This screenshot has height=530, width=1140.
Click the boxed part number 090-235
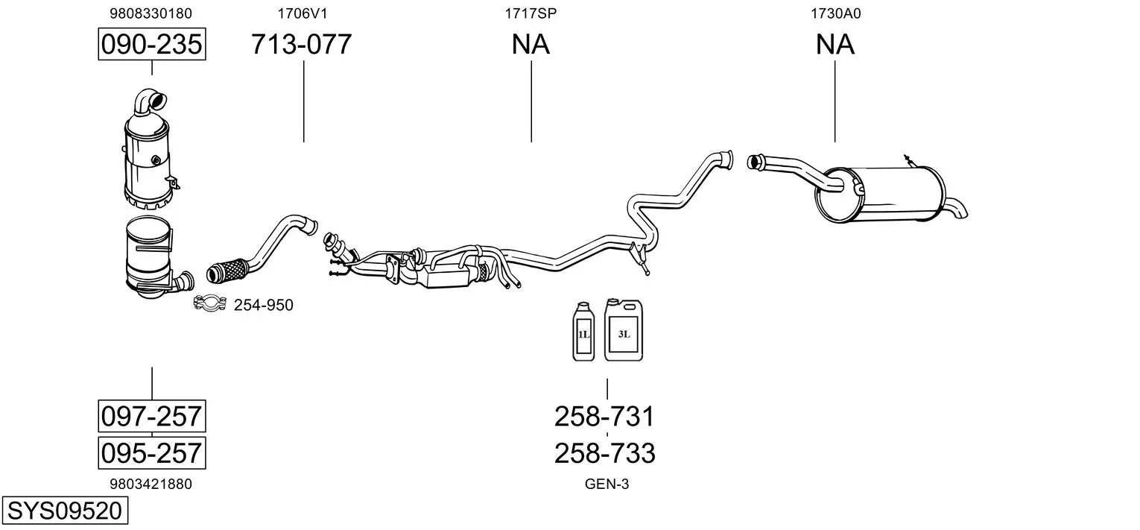[x=152, y=44]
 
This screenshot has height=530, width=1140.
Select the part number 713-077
[x=301, y=44]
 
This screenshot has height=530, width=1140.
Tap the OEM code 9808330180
[x=151, y=13]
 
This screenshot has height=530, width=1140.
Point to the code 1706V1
[x=303, y=13]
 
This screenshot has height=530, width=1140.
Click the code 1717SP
[x=531, y=13]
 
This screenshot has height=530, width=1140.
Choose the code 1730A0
[x=836, y=13]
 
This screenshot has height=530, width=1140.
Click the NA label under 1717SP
[x=531, y=44]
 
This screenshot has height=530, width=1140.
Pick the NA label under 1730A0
[x=835, y=44]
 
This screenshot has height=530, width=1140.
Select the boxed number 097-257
[x=152, y=416]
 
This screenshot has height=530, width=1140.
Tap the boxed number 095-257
[x=152, y=452]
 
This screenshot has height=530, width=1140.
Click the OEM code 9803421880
[x=151, y=484]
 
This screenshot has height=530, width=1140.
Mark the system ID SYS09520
[x=65, y=511]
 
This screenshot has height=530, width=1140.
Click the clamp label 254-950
[x=264, y=305]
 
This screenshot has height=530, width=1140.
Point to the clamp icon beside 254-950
[x=209, y=303]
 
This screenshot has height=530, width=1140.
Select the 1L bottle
[x=583, y=332]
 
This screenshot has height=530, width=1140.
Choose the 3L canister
[x=624, y=330]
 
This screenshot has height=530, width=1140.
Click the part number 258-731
[x=604, y=417]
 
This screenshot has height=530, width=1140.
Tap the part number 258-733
[x=604, y=453]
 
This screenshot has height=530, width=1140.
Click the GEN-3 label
[x=607, y=484]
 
